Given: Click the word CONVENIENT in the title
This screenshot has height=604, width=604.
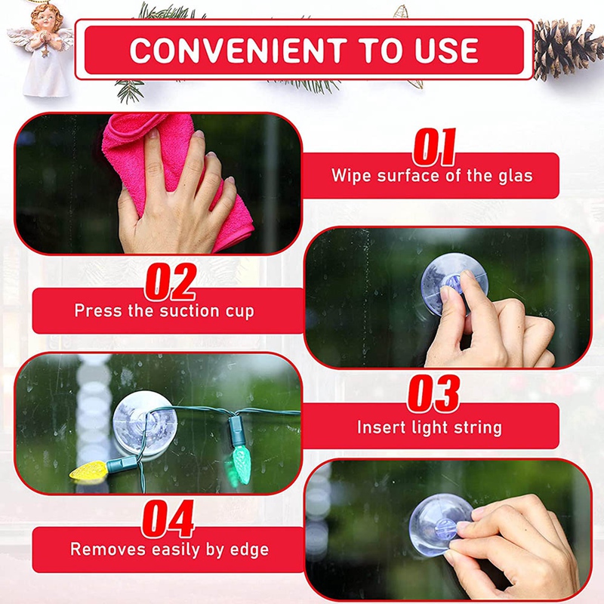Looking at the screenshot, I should (x=234, y=50).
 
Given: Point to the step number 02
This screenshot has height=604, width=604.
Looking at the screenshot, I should (x=171, y=282).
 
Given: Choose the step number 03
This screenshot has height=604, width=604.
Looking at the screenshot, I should (x=433, y=393).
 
